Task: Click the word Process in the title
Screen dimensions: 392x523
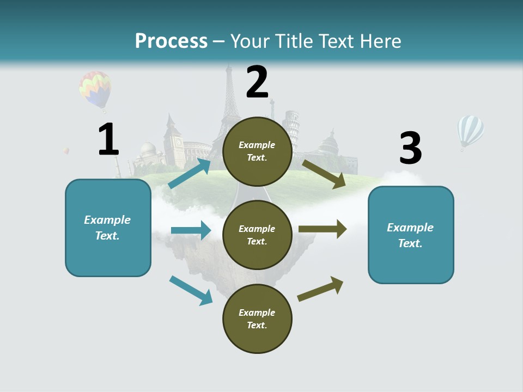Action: pyautogui.click(x=171, y=41)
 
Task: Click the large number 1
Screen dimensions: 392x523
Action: pyautogui.click(x=108, y=139)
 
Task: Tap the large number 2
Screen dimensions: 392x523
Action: pyautogui.click(x=257, y=82)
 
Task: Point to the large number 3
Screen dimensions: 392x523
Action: pyautogui.click(x=410, y=148)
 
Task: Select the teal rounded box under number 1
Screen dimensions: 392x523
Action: pyautogui.click(x=108, y=228)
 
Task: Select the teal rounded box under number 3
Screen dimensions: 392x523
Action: pyautogui.click(x=411, y=235)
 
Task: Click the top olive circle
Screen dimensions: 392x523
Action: pyautogui.click(x=257, y=151)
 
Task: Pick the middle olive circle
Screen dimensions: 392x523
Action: pyautogui.click(x=257, y=235)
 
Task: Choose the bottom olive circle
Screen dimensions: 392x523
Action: pyautogui.click(x=257, y=318)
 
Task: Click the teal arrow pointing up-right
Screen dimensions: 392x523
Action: pyautogui.click(x=190, y=173)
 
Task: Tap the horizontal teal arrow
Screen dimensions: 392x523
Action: pyautogui.click(x=191, y=230)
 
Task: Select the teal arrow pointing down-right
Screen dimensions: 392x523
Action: pyautogui.click(x=191, y=290)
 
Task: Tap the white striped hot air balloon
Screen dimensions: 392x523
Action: pyautogui.click(x=470, y=131)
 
